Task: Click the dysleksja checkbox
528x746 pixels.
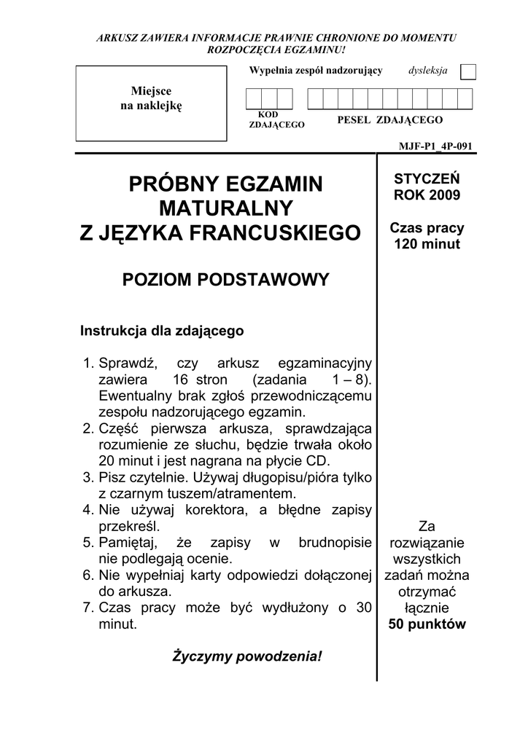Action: (469, 71)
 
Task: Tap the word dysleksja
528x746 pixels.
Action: (428, 71)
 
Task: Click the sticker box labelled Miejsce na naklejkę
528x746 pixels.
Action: (151, 103)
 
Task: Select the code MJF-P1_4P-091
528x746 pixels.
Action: (435, 146)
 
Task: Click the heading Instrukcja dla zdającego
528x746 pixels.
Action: (162, 331)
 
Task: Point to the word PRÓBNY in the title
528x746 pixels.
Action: (175, 184)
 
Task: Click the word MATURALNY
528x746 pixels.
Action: (225, 208)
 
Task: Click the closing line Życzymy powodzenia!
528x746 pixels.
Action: (246, 656)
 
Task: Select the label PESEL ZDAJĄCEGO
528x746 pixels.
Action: (390, 119)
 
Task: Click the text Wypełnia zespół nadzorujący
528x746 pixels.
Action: (316, 71)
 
